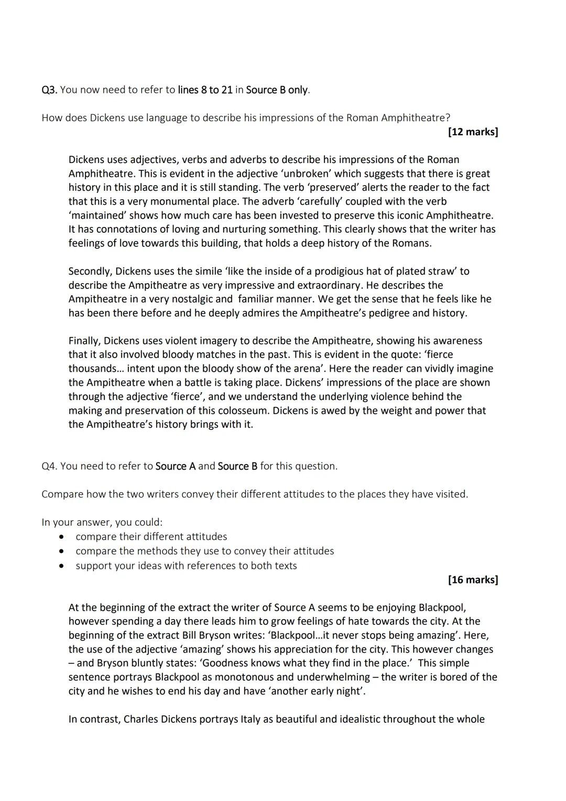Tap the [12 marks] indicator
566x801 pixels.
(x=473, y=132)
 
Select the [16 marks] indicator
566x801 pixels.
(x=473, y=579)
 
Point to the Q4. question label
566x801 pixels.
(x=49, y=466)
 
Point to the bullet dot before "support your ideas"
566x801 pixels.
(x=62, y=566)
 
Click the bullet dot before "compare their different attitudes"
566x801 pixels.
(x=62, y=537)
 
